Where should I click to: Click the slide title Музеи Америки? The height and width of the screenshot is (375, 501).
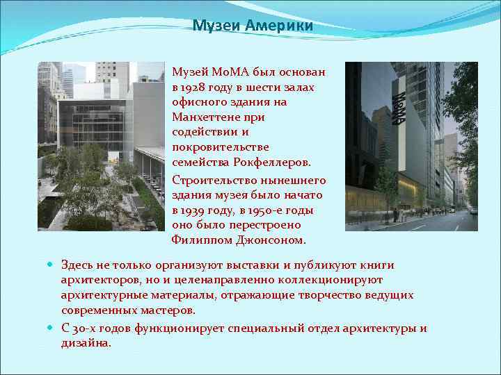(253, 26)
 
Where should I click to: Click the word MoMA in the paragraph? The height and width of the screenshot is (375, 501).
(226, 72)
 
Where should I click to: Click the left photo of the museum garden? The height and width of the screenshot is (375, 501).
(101, 146)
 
